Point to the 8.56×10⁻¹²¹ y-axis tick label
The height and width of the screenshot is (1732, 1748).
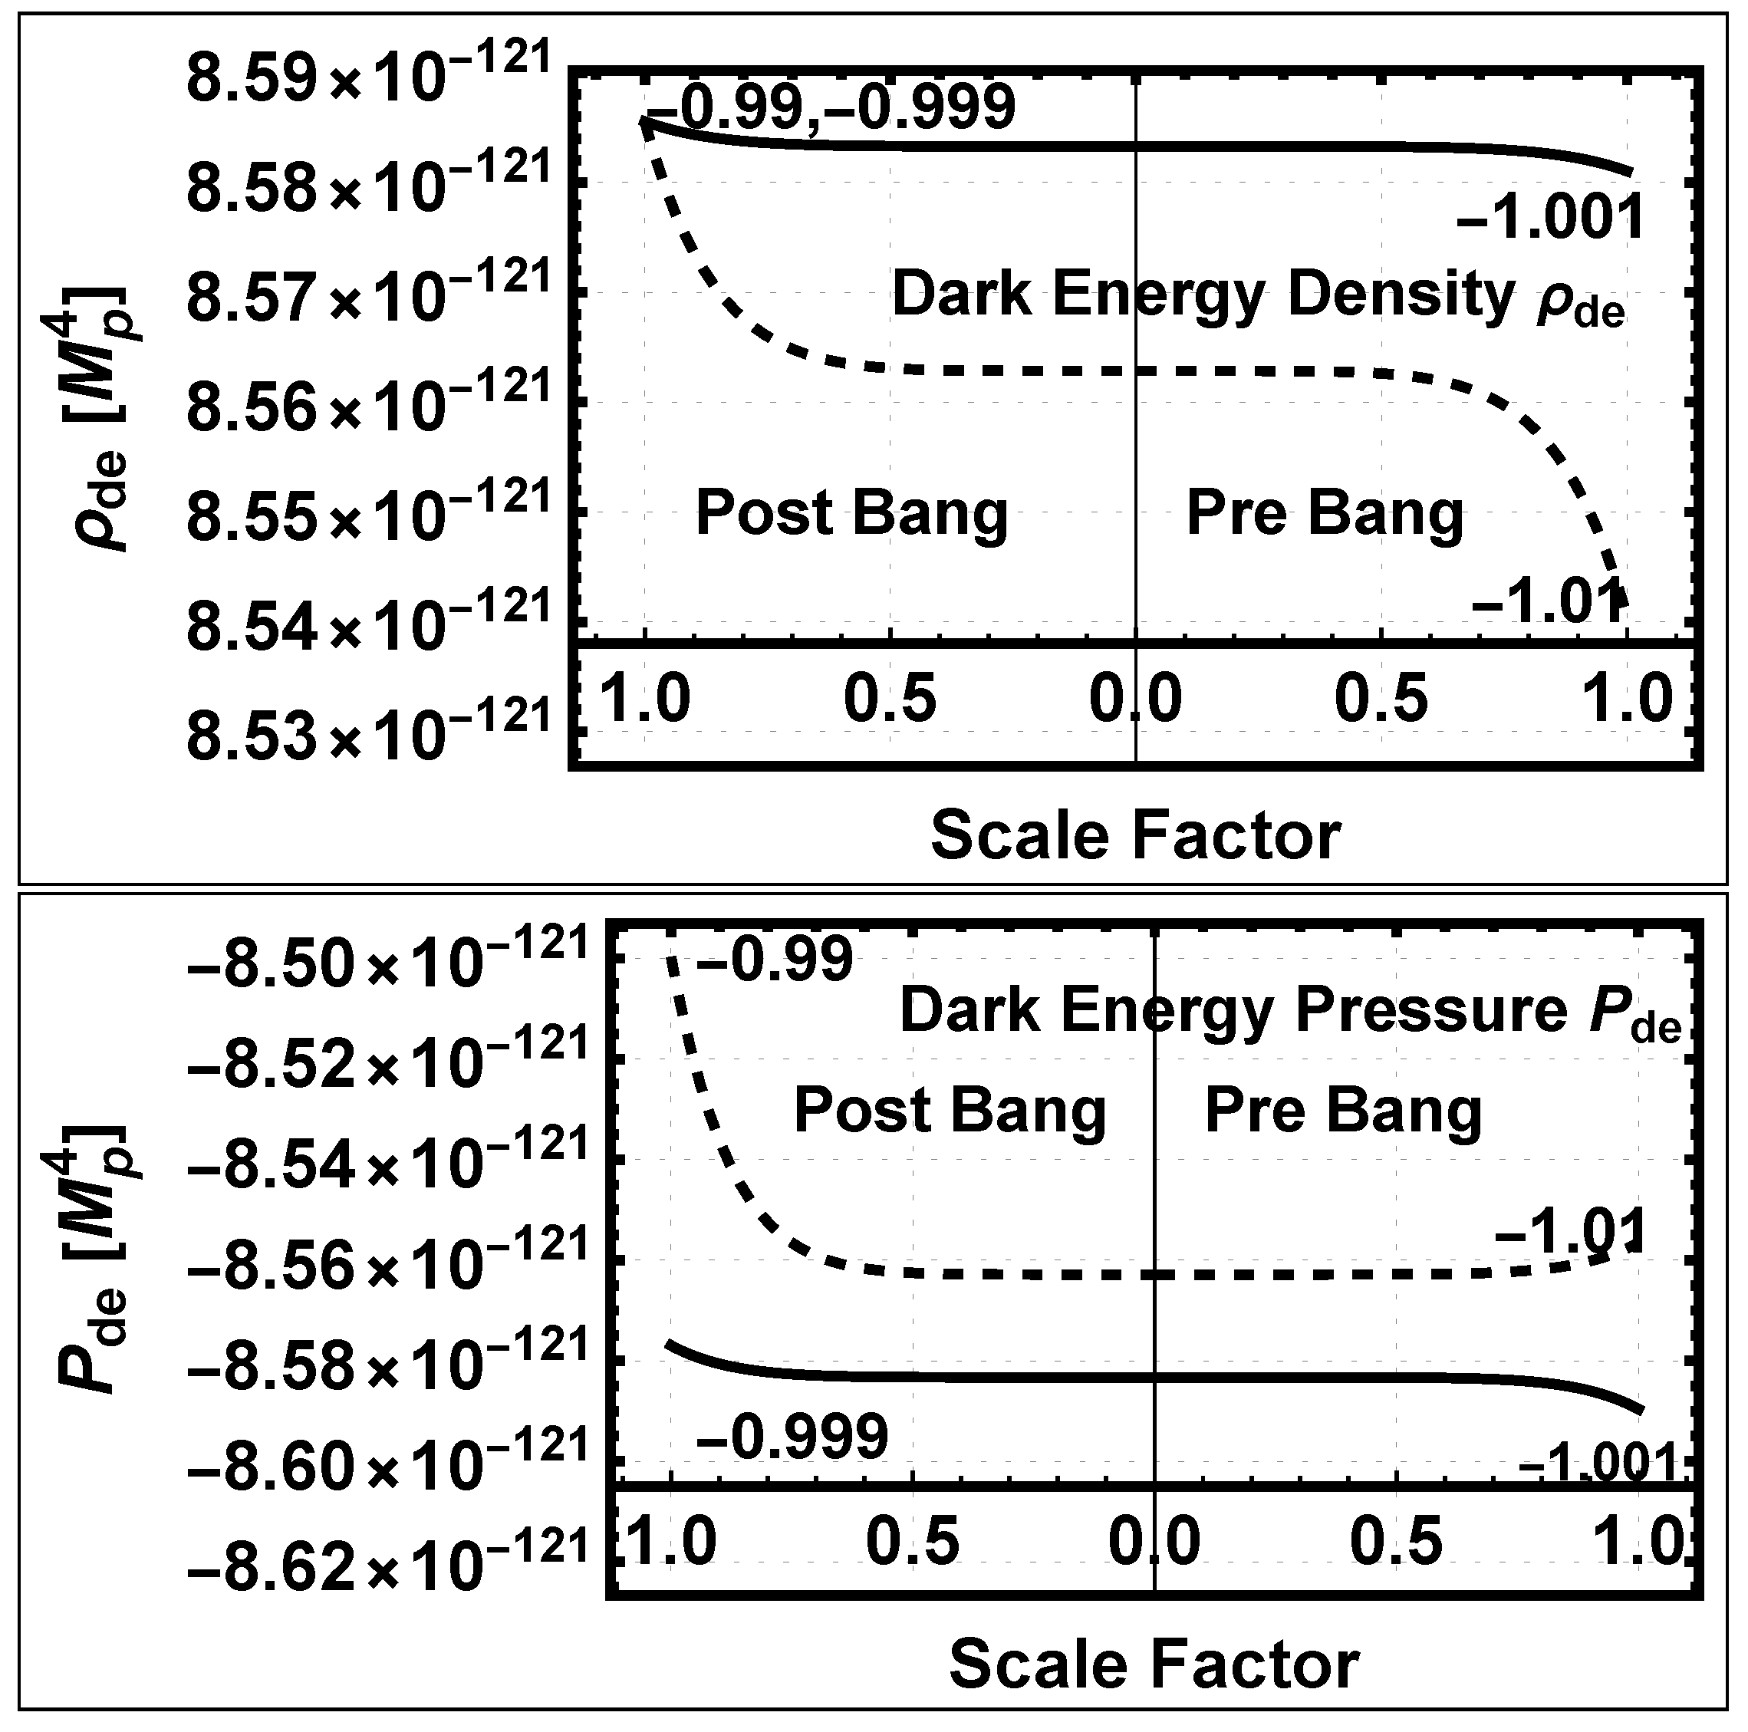click(367, 404)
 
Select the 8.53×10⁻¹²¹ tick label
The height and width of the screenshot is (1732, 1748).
click(367, 731)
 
